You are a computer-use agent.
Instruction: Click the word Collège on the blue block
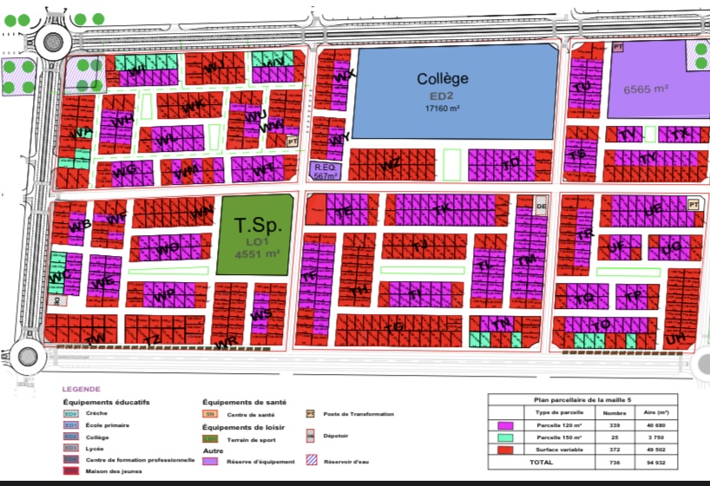click(443, 79)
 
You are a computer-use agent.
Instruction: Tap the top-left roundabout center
click(52, 41)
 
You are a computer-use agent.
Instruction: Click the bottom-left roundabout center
click(23, 356)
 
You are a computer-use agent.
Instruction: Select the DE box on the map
click(542, 207)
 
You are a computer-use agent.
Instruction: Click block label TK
click(441, 209)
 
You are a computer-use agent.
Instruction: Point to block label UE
click(654, 209)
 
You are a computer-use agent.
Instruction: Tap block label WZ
click(391, 162)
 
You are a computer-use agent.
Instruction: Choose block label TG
click(394, 327)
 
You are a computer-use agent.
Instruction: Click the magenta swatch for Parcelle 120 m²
click(507, 426)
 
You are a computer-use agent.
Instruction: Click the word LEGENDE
click(82, 390)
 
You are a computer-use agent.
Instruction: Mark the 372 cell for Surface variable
click(615, 450)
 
